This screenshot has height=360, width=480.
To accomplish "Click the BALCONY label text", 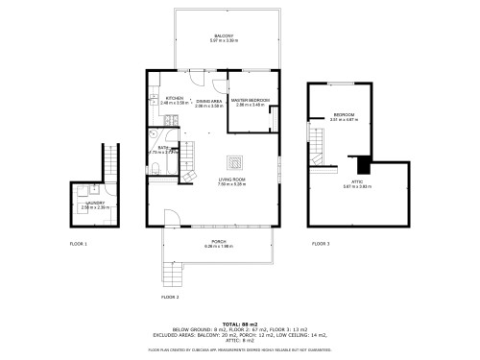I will point(224,36).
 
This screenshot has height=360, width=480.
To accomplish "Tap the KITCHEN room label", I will point(175,99).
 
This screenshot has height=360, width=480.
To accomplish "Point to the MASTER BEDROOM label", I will point(250,100).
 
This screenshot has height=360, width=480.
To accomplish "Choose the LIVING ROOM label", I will point(233,180).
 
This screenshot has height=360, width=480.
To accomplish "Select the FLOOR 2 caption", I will point(170,298).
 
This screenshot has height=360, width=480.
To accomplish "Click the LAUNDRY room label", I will point(94,204).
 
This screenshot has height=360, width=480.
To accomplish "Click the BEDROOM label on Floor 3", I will point(344,115).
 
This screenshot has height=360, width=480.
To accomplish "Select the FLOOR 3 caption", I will point(321,244).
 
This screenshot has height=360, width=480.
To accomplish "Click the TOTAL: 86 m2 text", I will point(239,324).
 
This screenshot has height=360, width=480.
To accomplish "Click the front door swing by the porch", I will point(172,218).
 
